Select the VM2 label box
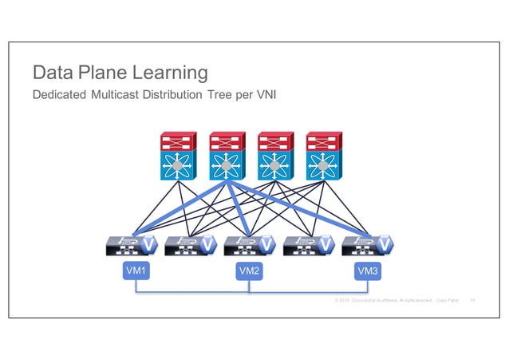[249, 272]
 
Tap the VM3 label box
[367, 272]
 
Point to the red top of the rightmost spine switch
[323, 142]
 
